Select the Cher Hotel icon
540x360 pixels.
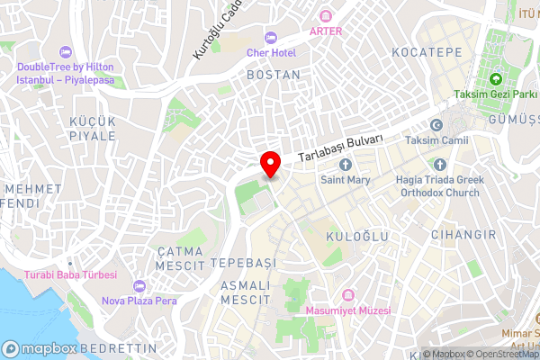[x=271, y=37]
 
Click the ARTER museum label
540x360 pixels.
[x=326, y=30]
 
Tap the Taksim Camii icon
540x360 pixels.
[x=437, y=125]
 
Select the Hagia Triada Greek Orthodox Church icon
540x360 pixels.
[x=440, y=165]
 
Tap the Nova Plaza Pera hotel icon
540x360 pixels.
[x=138, y=286]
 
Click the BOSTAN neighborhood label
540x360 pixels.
[x=273, y=75]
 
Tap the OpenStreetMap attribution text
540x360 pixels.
[x=502, y=354]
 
